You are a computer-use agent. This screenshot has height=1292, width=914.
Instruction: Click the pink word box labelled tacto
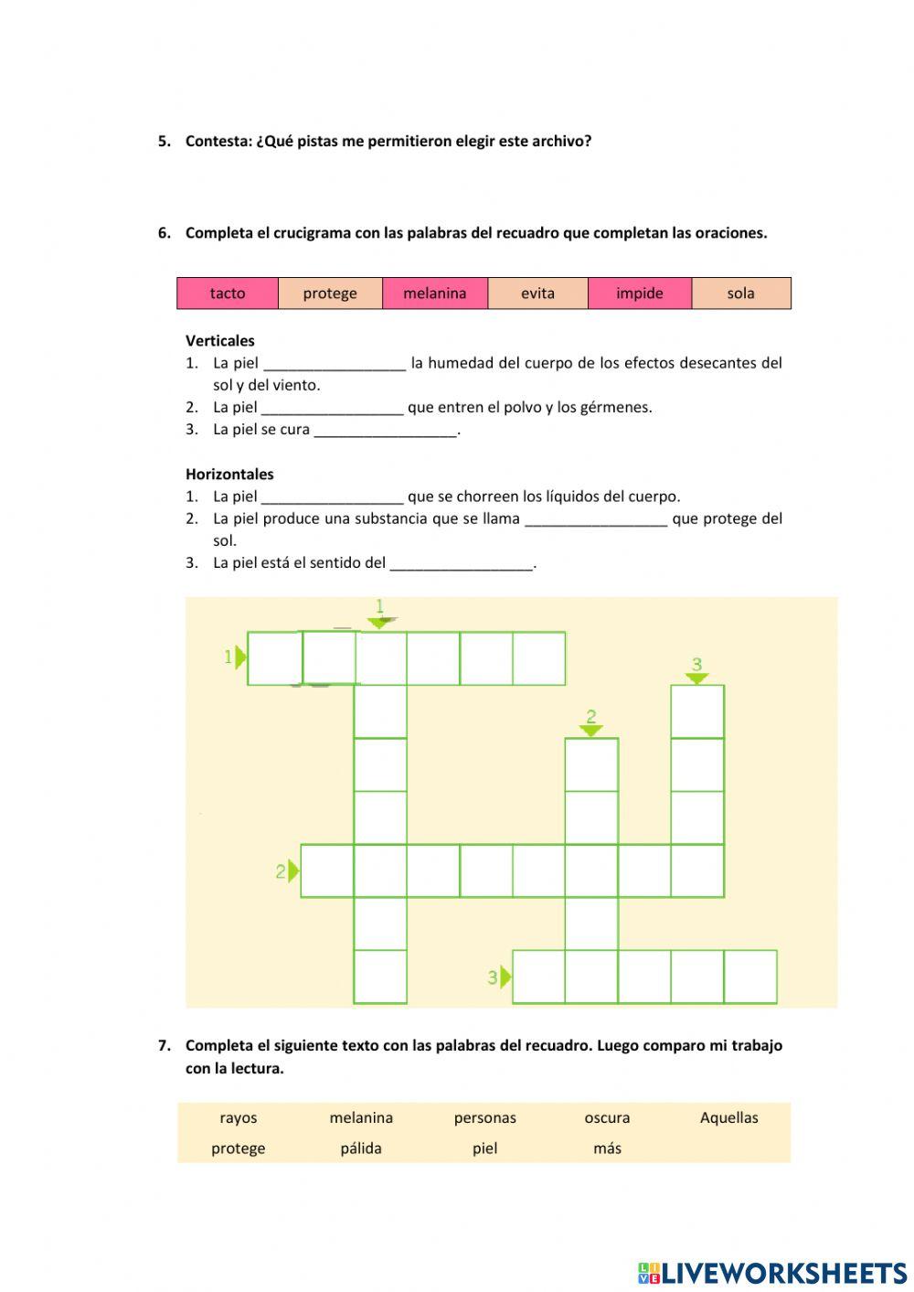(228, 294)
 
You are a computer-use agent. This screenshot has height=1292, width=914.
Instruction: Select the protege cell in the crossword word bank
(330, 294)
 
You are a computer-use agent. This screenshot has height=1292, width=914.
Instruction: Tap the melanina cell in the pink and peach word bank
(435, 294)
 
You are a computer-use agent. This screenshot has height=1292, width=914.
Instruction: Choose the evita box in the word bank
(537, 294)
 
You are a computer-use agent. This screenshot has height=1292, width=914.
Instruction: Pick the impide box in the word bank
(640, 294)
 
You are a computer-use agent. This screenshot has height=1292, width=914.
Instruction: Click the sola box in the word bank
(741, 294)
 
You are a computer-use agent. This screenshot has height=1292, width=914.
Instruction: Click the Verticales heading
(220, 341)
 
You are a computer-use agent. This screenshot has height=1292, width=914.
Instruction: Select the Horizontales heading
(229, 475)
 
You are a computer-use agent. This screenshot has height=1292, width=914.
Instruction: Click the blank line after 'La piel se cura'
(385, 431)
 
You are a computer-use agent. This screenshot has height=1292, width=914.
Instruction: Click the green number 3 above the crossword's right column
(696, 665)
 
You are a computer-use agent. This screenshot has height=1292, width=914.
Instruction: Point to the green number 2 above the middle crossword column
(591, 717)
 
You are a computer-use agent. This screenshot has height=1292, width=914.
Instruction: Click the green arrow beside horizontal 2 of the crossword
(293, 871)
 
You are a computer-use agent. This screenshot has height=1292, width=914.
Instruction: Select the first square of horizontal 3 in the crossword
(538, 977)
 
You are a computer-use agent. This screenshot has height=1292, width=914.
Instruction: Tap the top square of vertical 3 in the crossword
(697, 711)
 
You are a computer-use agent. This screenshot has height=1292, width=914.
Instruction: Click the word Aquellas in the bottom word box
(728, 1117)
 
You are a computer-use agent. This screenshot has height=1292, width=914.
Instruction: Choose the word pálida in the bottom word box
(361, 1148)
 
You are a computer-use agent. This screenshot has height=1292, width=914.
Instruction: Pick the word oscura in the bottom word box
(607, 1117)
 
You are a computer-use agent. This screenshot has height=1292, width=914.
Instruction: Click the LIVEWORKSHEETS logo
(772, 1273)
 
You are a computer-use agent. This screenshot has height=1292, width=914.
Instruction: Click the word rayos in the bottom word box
(239, 1117)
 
